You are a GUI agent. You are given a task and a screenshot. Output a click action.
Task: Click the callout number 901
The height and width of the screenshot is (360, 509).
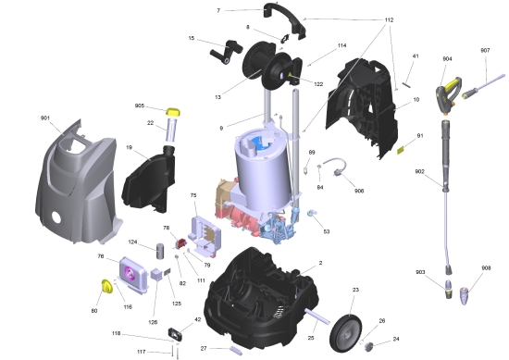[x=45, y=118]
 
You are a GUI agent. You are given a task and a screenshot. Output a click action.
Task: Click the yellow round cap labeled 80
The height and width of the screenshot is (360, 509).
[x=106, y=289]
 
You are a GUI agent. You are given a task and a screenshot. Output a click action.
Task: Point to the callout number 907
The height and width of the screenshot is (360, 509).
[x=484, y=50]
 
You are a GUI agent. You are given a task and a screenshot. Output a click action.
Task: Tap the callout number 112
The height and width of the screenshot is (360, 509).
[x=388, y=19]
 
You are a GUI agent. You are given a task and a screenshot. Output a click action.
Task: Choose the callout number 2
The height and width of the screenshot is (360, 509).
[x=320, y=264]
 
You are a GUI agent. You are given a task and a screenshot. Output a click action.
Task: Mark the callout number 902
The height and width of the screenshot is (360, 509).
[x=419, y=171]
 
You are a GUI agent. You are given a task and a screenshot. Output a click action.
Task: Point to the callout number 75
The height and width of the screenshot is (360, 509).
[x=193, y=196]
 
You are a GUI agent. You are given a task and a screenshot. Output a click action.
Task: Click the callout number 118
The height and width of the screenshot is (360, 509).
[x=117, y=333]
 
